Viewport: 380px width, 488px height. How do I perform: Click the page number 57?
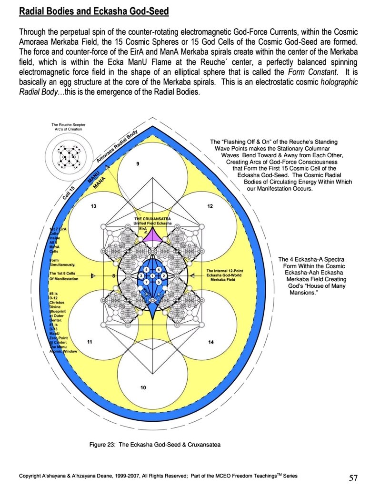(x=352, y=478)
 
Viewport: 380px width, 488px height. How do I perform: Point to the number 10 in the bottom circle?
(x=142, y=387)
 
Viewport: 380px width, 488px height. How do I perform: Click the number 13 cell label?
(x=94, y=206)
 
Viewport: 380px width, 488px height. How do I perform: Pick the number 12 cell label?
(x=210, y=206)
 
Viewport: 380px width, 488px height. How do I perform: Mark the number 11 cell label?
(x=90, y=342)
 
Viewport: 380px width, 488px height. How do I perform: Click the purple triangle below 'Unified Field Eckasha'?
(x=153, y=234)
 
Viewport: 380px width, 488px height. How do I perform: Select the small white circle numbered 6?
(x=159, y=270)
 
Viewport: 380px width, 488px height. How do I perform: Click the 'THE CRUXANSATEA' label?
(x=152, y=219)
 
